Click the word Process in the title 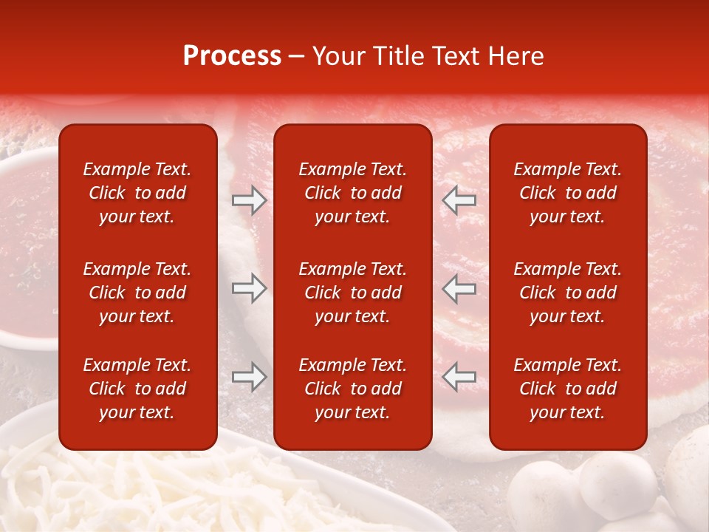pos(232,56)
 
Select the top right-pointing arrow pos(250,199)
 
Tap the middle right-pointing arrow pos(250,288)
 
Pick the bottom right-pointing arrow pos(250,378)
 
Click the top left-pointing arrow pos(459,199)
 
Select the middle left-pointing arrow pos(459,288)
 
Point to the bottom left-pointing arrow pos(459,378)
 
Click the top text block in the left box pos(137,193)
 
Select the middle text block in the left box pos(137,293)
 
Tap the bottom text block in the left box pos(137,389)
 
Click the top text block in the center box pos(352,193)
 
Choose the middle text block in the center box pos(352,293)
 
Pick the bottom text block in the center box pos(352,389)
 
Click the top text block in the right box pos(567,193)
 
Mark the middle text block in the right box pos(567,293)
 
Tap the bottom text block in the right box pos(567,389)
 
